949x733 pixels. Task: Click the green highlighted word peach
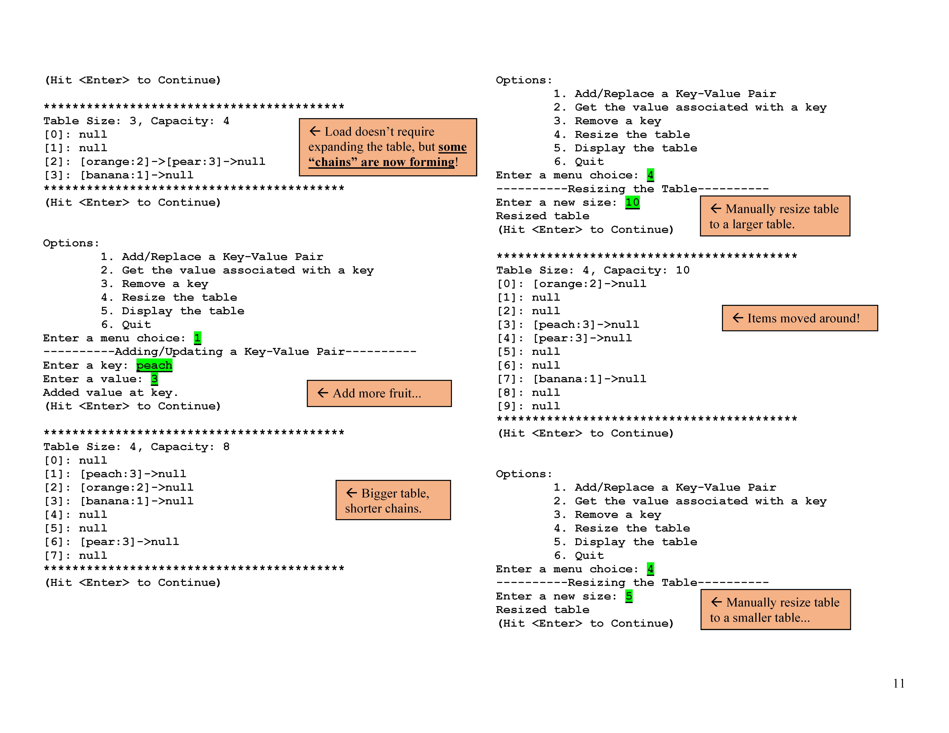[x=154, y=365]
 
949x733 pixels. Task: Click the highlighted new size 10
[x=632, y=202]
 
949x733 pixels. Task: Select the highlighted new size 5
[x=629, y=596]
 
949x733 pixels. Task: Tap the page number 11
[x=899, y=684]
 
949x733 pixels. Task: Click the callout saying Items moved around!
[x=799, y=318]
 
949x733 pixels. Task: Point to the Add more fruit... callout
[x=379, y=393]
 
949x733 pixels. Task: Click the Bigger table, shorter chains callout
[x=393, y=500]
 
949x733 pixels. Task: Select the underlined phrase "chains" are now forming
[x=381, y=162]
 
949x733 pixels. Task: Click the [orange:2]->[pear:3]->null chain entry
[x=173, y=162]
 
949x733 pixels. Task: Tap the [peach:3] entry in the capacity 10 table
[x=586, y=325]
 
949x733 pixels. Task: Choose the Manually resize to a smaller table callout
[x=775, y=610]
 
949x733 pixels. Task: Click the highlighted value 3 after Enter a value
[x=154, y=379]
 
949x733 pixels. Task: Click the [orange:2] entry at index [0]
[x=589, y=284]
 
